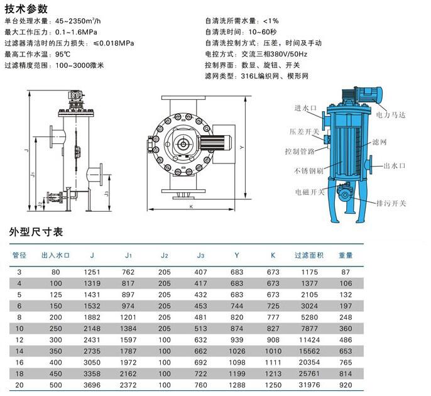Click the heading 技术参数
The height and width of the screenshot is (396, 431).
click(26, 9)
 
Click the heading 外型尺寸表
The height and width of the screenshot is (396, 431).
click(36, 232)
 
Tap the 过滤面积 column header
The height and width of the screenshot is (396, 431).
click(309, 255)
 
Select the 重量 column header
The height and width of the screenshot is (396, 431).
click(346, 255)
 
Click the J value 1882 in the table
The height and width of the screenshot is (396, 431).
click(92, 317)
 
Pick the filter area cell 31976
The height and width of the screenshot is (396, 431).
click(309, 385)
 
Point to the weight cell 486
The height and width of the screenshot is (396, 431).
click(346, 339)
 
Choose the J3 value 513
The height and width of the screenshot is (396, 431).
click(200, 328)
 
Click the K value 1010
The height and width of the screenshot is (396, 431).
click(273, 351)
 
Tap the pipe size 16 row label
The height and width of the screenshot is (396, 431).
click(19, 362)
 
